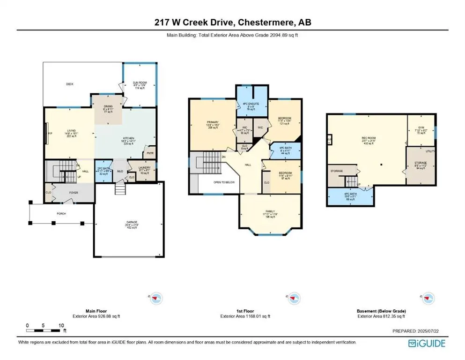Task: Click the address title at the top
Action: pos(232,22)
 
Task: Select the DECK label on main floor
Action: pos(69,84)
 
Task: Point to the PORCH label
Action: pos(61,213)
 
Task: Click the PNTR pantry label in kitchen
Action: pos(150,153)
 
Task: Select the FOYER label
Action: pos(74,193)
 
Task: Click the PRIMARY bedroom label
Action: pos(213,122)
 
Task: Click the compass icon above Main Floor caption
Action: pos(156,297)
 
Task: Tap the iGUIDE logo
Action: pos(427,343)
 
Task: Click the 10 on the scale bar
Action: pos(61,325)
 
